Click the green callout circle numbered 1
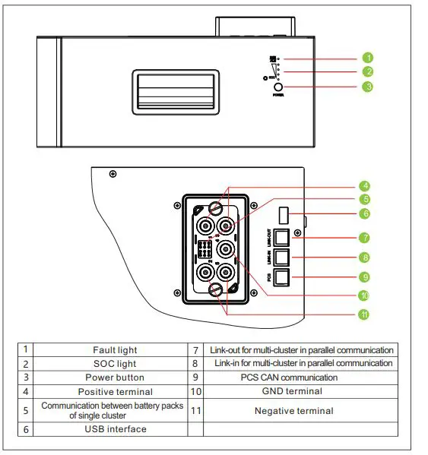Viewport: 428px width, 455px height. coord(367,58)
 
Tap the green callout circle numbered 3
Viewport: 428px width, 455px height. coord(367,87)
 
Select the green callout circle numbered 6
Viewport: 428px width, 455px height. coord(366,214)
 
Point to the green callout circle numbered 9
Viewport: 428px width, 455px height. coord(366,276)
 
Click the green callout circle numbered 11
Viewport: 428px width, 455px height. coord(366,314)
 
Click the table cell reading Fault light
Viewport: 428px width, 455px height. coord(115,350)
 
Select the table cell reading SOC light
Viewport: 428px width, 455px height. coord(115,364)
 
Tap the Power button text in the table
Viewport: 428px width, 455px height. coord(115,378)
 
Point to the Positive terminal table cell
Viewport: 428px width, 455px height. coord(115,392)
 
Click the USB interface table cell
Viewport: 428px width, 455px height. coord(115,429)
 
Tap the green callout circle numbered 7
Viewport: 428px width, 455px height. coord(366,238)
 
